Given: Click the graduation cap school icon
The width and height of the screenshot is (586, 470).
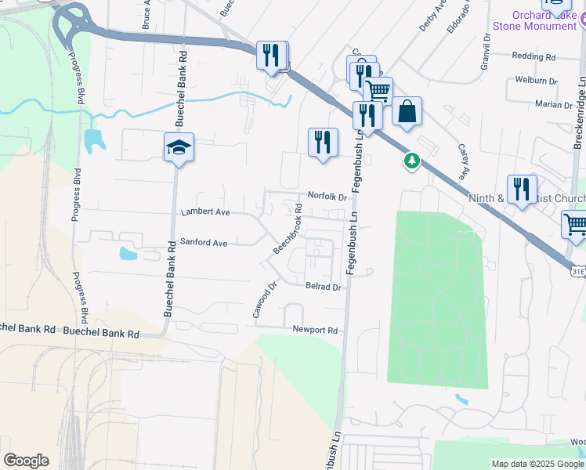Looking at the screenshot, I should click(179, 147).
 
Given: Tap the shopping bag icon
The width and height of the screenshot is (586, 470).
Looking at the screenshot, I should click(407, 112).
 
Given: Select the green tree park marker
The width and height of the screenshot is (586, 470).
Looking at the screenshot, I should click(411, 161).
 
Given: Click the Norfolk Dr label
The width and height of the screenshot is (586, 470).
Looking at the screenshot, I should click(327, 197).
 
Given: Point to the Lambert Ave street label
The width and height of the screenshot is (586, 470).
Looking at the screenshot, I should click(205, 212).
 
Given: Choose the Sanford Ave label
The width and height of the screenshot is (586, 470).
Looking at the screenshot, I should click(204, 243).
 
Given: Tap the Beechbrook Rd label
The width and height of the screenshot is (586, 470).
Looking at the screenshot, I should click(288, 228).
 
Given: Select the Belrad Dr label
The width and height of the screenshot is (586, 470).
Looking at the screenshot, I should click(324, 287).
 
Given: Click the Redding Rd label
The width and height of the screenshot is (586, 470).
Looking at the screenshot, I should click(534, 56).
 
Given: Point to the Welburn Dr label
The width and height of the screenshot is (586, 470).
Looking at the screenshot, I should click(536, 81).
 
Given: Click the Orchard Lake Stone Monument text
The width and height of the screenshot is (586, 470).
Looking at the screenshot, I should click(544, 20).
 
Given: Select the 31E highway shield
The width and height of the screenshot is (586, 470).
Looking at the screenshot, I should click(577, 271).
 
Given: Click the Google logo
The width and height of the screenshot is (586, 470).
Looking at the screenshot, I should click(26, 461).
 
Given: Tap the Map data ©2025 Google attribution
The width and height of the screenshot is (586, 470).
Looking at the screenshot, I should click(537, 464).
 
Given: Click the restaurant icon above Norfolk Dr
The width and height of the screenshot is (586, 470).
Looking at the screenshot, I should click(322, 143).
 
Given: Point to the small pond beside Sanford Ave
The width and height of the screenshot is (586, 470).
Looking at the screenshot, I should click(128, 253).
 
